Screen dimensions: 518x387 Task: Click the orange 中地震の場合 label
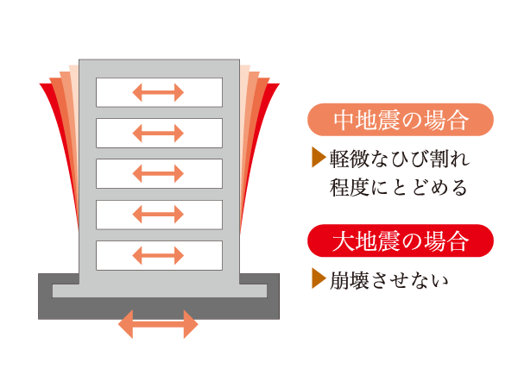point(400,121)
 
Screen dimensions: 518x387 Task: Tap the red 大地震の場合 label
point(400,240)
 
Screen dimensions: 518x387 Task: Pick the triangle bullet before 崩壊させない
point(316,279)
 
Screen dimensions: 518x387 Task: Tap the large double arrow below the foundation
point(158,325)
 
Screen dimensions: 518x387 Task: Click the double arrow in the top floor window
point(159,92)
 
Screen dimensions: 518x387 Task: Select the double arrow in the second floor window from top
point(159,133)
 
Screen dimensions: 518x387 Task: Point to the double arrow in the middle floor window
point(159,173)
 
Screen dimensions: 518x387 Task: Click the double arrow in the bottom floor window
point(159,255)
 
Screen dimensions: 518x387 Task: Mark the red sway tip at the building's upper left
point(46,88)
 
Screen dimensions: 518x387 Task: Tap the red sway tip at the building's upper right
point(274,88)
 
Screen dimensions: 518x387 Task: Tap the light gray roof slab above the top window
point(159,68)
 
